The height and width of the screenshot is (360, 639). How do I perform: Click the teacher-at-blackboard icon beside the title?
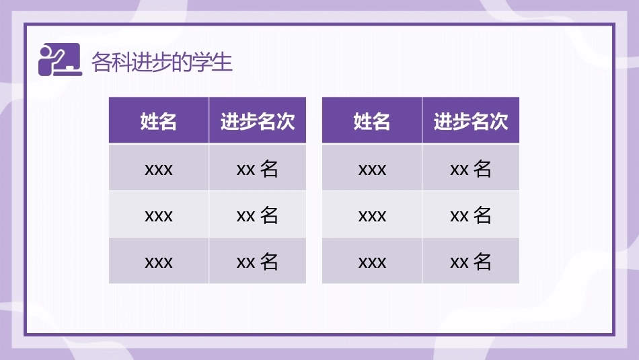(x=60, y=59)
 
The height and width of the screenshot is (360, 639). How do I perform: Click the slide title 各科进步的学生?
(x=162, y=63)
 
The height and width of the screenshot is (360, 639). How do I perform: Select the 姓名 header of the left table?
(x=159, y=121)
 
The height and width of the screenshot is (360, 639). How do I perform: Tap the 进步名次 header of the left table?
(x=258, y=121)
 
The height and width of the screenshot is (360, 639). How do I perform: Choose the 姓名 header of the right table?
(x=372, y=121)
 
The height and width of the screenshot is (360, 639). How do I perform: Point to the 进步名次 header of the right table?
(x=471, y=121)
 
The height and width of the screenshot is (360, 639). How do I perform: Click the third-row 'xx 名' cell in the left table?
(x=258, y=261)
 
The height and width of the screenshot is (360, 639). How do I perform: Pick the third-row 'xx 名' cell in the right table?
(x=471, y=261)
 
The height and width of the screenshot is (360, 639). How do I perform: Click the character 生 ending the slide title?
(x=223, y=63)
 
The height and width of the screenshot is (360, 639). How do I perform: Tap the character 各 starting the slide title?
(x=101, y=63)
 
